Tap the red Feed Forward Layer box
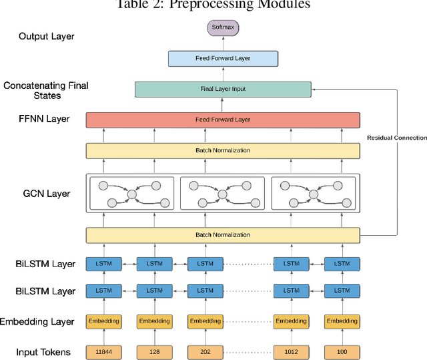click(x=223, y=120)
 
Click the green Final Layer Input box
click(x=223, y=88)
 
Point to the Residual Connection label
click(x=396, y=138)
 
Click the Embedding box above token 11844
click(x=103, y=321)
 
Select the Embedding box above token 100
click(x=342, y=321)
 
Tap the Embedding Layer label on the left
click(x=37, y=321)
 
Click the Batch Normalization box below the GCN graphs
click(x=223, y=234)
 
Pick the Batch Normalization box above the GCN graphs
click(x=223, y=150)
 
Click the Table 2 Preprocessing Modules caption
click(x=213, y=5)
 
